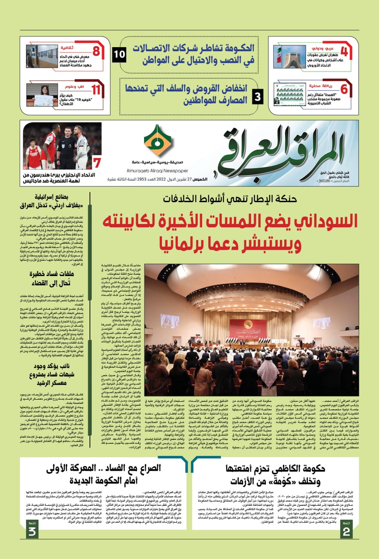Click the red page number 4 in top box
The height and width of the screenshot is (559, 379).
point(344,52)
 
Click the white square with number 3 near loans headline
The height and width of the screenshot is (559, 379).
point(258,95)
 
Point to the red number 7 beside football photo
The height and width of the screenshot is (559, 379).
point(97,162)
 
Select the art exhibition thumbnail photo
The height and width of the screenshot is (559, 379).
point(42,56)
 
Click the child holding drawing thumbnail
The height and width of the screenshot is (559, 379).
point(42,94)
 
